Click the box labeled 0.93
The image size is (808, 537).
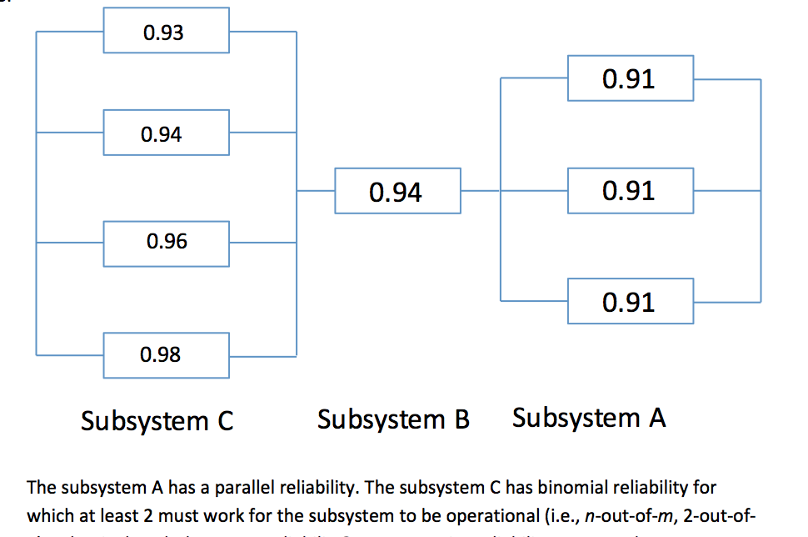click(166, 33)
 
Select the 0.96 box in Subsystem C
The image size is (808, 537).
click(166, 243)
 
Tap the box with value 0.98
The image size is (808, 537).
click(166, 355)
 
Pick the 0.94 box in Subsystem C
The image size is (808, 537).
click(166, 134)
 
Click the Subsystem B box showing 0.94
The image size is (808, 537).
click(397, 192)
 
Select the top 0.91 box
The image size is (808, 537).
click(630, 79)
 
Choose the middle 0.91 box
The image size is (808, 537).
click(630, 191)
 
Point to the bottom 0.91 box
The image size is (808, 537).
click(630, 301)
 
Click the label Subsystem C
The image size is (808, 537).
click(157, 421)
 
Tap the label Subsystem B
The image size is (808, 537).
click(393, 419)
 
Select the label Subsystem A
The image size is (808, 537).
click(589, 417)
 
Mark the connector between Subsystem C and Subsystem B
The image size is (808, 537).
click(316, 191)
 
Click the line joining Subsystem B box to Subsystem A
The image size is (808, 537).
click(481, 191)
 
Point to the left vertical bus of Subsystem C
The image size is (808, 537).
click(36, 192)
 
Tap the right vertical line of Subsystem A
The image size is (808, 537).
click(761, 191)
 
